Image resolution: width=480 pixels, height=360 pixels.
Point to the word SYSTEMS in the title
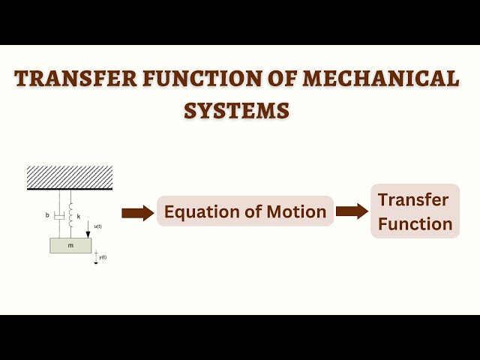[x=237, y=110]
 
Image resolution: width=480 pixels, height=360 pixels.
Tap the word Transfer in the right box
[x=413, y=200]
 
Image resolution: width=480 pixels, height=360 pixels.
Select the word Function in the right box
[x=415, y=223]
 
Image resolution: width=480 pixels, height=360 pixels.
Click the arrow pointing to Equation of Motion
[x=137, y=213]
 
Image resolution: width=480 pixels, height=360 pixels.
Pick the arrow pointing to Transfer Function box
[x=352, y=211]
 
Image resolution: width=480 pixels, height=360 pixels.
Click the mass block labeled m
[x=70, y=245]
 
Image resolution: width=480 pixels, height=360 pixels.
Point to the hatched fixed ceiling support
[x=70, y=178]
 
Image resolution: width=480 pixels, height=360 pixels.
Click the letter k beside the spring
[x=79, y=216]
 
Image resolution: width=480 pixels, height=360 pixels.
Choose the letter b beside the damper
[x=47, y=216]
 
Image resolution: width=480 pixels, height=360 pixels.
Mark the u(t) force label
[x=97, y=226]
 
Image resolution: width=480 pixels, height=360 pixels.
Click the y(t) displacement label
[x=103, y=257]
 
